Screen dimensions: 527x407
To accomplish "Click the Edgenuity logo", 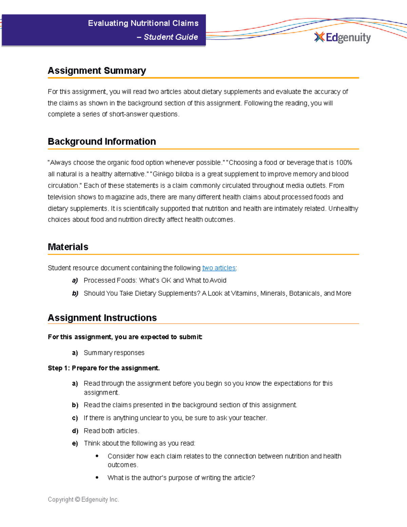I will click(x=343, y=37).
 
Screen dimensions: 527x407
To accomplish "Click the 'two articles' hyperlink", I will click(x=219, y=268).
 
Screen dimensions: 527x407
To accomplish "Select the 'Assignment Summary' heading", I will click(x=97, y=71).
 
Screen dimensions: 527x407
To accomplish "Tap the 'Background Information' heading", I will click(x=102, y=142).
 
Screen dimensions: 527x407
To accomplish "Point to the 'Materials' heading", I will click(x=68, y=247).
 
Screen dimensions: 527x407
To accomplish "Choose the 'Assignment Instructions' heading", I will click(x=102, y=318).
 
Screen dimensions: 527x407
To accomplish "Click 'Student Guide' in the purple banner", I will click(x=171, y=37).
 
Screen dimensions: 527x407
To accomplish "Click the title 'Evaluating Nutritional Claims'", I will click(x=143, y=23).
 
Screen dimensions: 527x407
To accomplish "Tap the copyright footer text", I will click(x=83, y=500).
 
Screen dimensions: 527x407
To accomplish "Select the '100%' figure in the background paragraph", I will click(x=344, y=163).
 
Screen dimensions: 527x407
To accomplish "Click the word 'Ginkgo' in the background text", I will click(x=163, y=174).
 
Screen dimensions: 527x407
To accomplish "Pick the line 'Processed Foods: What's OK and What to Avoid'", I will click(x=155, y=280).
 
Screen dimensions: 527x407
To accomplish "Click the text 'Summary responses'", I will click(x=114, y=353).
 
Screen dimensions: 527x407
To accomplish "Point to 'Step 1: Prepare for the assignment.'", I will click(x=104, y=368).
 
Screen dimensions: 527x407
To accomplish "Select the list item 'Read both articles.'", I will click(x=111, y=431).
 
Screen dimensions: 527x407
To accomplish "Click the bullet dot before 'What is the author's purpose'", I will click(x=97, y=477).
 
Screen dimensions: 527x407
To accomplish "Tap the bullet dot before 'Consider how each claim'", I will click(x=97, y=456).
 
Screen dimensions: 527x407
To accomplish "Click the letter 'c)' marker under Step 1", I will click(x=75, y=418).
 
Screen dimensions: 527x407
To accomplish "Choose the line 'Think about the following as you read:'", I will click(x=139, y=443).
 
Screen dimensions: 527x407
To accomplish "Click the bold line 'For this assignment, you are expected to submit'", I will click(x=125, y=337).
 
